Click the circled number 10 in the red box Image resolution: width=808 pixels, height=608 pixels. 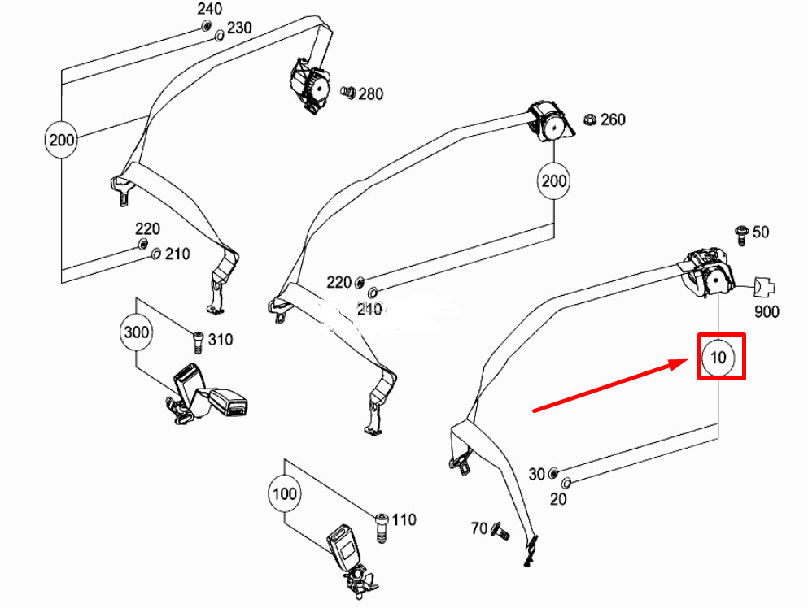pyautogui.click(x=718, y=358)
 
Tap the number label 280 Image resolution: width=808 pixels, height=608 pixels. pyautogui.click(x=371, y=94)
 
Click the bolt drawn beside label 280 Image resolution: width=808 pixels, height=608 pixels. pyautogui.click(x=348, y=93)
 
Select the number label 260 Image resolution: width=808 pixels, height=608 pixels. pyautogui.click(x=613, y=119)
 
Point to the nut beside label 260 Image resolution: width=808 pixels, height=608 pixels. pyautogui.click(x=589, y=120)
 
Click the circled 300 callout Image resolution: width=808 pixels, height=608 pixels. pyautogui.click(x=137, y=332)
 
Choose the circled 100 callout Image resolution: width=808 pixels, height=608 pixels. pyautogui.click(x=285, y=494)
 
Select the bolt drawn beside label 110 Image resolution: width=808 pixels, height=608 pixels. pyautogui.click(x=381, y=528)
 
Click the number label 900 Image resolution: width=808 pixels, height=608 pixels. pyautogui.click(x=767, y=312)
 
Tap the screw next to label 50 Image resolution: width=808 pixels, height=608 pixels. pyautogui.click(x=741, y=235)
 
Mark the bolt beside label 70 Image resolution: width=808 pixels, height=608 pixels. pyautogui.click(x=500, y=531)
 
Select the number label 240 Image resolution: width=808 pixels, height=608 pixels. pyautogui.click(x=210, y=9)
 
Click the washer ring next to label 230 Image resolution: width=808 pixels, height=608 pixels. pyautogui.click(x=219, y=36)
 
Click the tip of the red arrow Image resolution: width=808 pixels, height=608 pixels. pyautogui.click(x=688, y=360)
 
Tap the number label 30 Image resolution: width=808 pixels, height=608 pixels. pyautogui.click(x=536, y=474)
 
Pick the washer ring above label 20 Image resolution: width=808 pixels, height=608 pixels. pyautogui.click(x=566, y=483)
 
